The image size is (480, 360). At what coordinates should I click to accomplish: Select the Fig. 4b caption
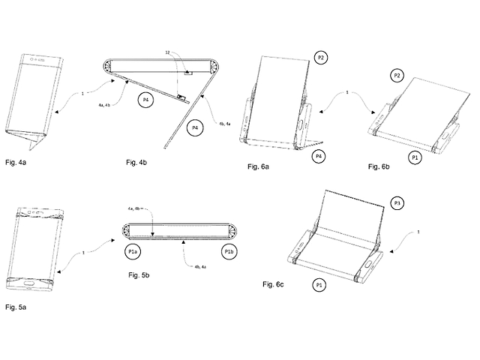(140, 161)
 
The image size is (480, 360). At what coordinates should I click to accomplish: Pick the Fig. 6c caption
(274, 285)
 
